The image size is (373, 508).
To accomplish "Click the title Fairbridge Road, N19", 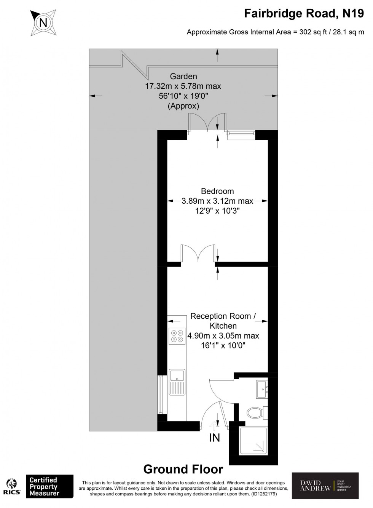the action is (x=304, y=14).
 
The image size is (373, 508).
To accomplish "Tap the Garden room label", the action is (x=183, y=76).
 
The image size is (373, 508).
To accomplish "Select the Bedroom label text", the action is (x=217, y=191).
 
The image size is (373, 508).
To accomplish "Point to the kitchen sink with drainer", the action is (x=177, y=382).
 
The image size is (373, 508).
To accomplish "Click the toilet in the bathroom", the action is (x=255, y=412).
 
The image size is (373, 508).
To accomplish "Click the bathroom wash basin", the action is (x=262, y=388).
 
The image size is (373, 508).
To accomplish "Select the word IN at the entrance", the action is (x=215, y=438).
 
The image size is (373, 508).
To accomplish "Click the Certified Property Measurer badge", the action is (x=49, y=486).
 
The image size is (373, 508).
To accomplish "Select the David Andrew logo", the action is (x=325, y=486).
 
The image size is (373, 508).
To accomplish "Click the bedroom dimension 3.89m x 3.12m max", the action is (x=217, y=201).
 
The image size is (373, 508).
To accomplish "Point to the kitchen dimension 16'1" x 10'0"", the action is (x=223, y=346).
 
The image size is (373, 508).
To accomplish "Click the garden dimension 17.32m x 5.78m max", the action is (x=183, y=86).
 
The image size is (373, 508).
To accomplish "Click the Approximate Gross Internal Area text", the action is (x=275, y=32).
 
